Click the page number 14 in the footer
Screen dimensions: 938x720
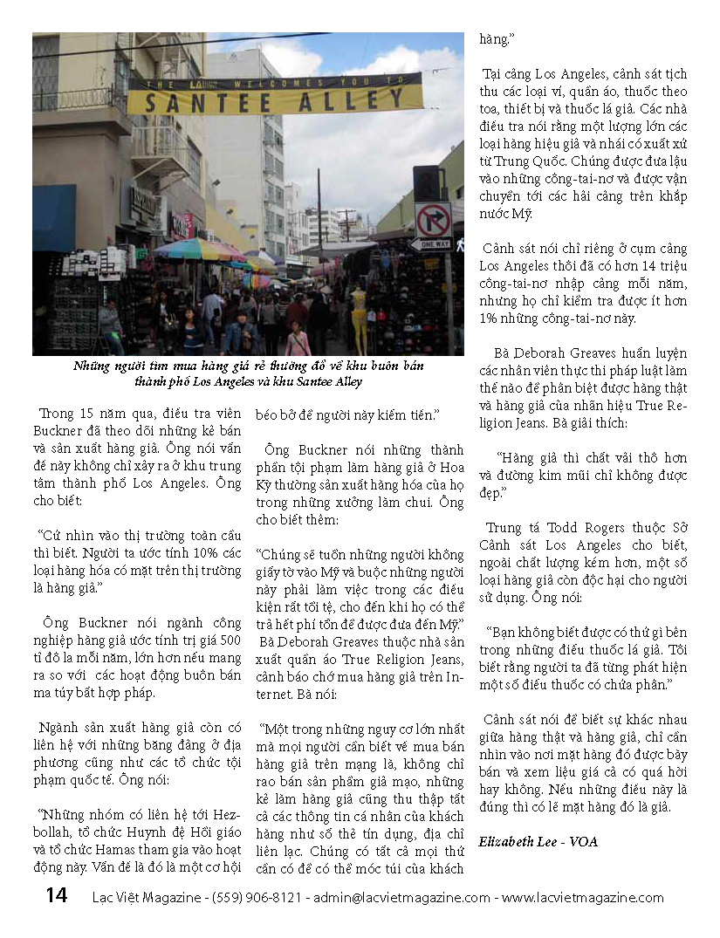tap(56, 896)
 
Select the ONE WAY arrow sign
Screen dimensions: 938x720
tap(431, 244)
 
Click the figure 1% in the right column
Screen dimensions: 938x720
tap(489, 318)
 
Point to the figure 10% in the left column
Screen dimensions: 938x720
tap(179, 554)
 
